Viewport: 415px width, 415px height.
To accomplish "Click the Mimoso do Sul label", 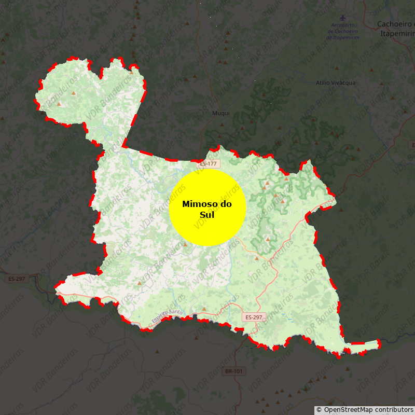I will (x=207, y=209).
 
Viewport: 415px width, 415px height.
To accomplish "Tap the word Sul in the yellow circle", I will (x=207, y=215).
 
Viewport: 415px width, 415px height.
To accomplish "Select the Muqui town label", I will (x=220, y=113).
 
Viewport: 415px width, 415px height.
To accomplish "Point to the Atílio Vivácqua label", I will (x=336, y=82).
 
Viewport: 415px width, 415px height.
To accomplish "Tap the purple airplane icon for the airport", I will (x=342, y=18).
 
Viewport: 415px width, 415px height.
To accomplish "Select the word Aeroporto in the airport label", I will (x=342, y=25).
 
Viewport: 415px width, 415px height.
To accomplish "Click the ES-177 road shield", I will (x=209, y=164).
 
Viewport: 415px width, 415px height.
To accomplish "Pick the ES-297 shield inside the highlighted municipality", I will (x=254, y=317).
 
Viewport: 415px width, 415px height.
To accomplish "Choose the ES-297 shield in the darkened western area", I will (x=17, y=279).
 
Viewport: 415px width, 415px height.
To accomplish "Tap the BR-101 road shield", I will (x=234, y=371).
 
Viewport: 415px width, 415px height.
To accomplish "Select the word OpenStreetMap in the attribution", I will (x=346, y=410).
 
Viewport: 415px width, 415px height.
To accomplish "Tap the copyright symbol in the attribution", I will (x=319, y=410).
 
